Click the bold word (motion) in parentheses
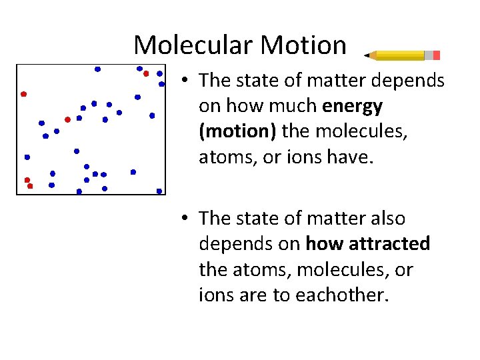237,131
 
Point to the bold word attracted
392,244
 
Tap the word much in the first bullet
296,106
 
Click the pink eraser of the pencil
436,55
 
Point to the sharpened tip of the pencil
367,55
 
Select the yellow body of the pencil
400,55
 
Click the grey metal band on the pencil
428,55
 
